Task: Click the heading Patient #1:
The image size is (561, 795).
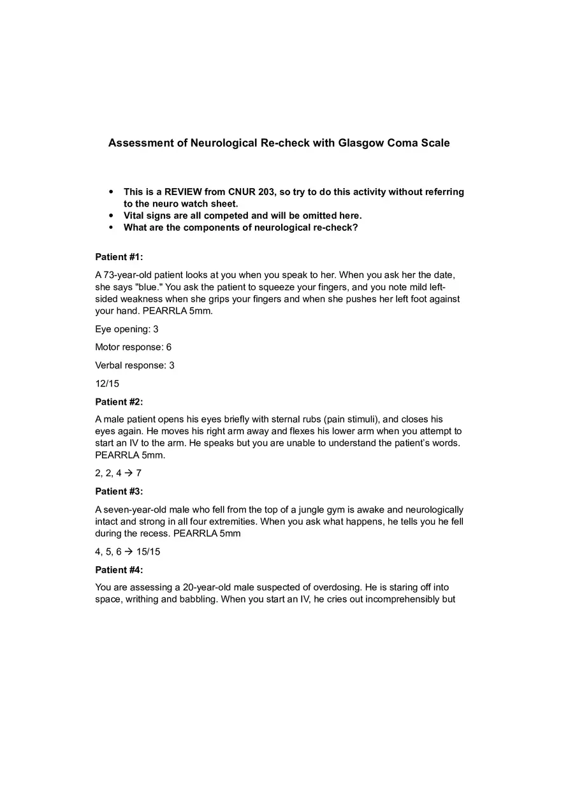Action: tap(119, 257)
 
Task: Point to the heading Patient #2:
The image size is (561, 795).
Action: tap(119, 402)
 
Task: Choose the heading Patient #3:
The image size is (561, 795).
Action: tap(119, 492)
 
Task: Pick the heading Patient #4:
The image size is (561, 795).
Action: tap(119, 570)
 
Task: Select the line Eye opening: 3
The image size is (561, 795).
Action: tap(127, 330)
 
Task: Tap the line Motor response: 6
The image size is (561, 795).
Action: tap(133, 347)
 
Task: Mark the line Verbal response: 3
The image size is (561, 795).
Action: tap(135, 365)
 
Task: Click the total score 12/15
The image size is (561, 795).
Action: tap(107, 384)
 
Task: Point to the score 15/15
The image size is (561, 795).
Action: tap(149, 551)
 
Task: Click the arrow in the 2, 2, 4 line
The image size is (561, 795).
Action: tap(129, 473)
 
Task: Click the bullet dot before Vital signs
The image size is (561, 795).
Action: tap(111, 215)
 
